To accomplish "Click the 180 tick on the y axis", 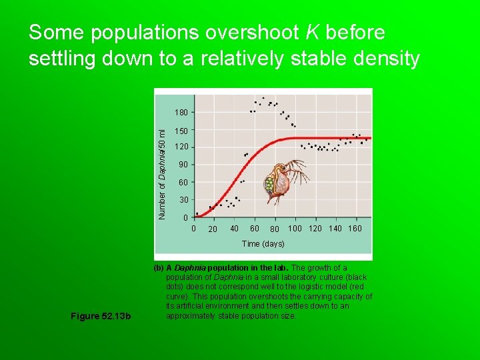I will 182,112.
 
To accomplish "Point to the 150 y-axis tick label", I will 182,131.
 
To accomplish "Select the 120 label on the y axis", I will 182,147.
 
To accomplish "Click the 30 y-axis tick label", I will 184,200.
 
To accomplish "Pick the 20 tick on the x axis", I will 213,229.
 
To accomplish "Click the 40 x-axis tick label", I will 234,229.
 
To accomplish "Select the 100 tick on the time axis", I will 295,229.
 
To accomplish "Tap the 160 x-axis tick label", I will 355,229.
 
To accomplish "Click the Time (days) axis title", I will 263,244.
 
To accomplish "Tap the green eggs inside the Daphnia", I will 270,184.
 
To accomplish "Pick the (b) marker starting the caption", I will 159,268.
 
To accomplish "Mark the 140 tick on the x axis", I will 335,229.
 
